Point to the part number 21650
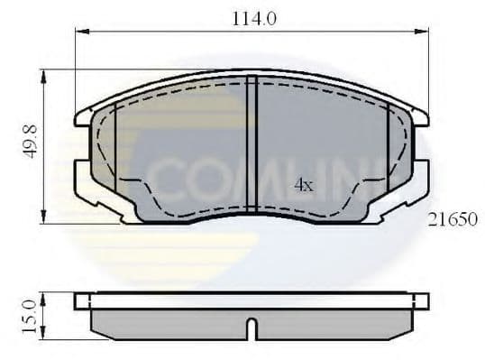click(453, 219)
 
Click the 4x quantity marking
click(304, 185)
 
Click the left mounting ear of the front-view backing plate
click(84, 115)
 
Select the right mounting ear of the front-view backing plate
click(420, 115)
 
